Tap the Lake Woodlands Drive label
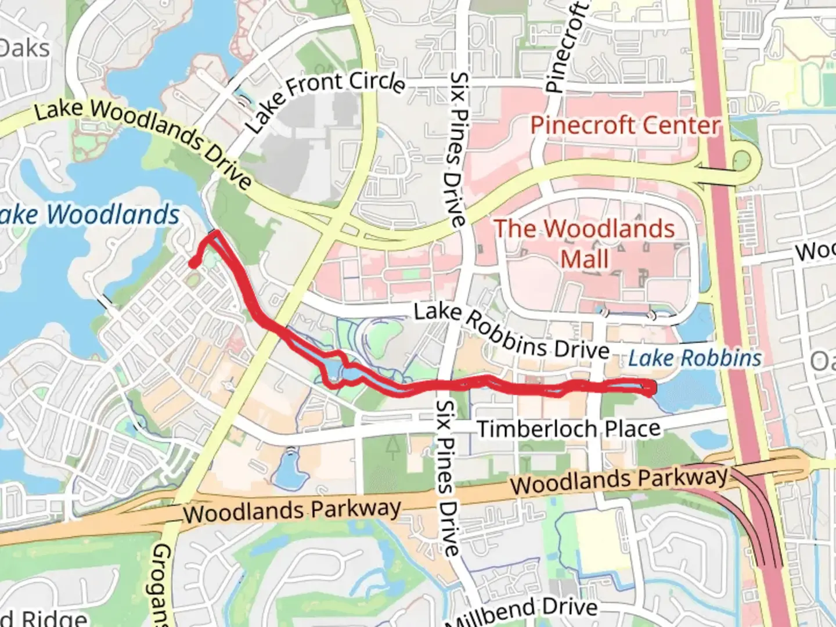[143, 143]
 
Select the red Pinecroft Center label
[625, 125]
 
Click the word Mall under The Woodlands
[585, 259]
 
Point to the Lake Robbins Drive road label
[511, 331]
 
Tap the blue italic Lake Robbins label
[694, 358]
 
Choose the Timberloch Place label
[568, 429]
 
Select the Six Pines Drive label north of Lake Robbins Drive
[458, 149]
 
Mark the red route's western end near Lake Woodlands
[193, 265]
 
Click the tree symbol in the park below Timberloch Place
[393, 445]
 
